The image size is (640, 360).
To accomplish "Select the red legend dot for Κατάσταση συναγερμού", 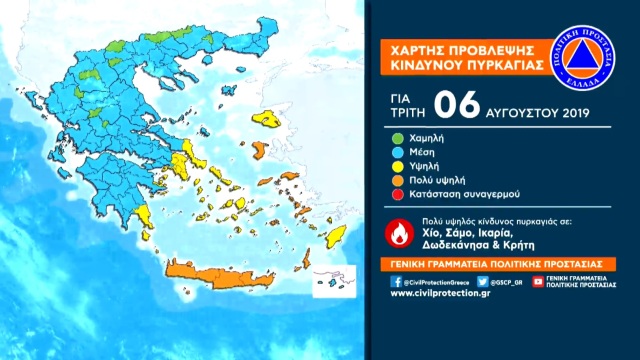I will (398, 196).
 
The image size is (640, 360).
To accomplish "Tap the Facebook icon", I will (398, 282).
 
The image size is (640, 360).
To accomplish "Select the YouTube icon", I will (538, 282).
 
